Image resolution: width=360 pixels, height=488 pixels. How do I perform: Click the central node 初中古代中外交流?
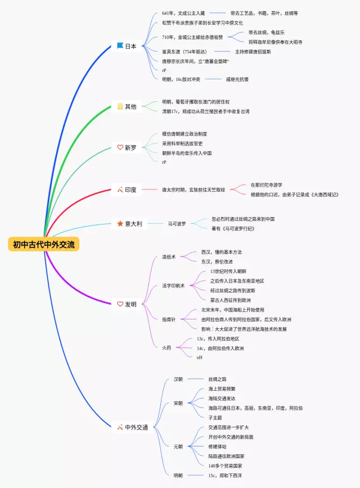44,245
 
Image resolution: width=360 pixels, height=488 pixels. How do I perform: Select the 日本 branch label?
130,46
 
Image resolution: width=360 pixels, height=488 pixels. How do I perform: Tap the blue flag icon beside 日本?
120,46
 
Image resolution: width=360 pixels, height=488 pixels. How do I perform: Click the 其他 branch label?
130,106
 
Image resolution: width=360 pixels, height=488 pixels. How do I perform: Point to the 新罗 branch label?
130,147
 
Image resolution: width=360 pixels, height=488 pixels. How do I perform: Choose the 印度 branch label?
130,190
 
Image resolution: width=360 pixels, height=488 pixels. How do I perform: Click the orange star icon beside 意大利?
120,224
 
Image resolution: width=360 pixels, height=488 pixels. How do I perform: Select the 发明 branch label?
130,304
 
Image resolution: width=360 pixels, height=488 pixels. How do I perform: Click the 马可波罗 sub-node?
177,224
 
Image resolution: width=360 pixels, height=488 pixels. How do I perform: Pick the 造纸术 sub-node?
169,257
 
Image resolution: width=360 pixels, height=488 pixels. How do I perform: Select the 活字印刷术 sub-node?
173,286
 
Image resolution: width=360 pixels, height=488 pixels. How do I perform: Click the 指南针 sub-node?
169,319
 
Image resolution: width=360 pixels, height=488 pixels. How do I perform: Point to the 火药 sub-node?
167,347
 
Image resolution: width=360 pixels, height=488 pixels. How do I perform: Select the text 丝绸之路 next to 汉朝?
217,379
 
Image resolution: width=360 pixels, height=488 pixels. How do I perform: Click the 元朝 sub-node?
178,446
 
